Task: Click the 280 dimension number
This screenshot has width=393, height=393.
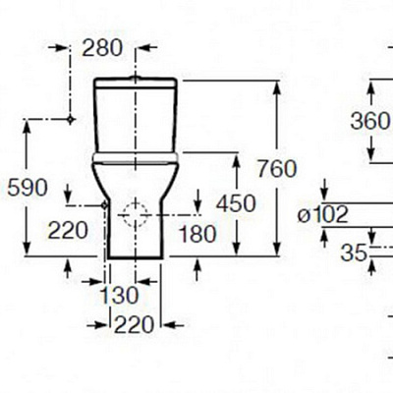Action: coord(102,48)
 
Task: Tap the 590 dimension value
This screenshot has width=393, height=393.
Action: coord(28,189)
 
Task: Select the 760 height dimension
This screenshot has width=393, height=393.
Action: coord(277,169)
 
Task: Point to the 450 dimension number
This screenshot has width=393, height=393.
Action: coord(236,203)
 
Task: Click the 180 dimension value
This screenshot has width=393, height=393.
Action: coord(197,234)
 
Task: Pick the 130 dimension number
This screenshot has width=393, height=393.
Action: coord(119,296)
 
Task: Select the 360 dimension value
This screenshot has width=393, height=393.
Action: coord(370,121)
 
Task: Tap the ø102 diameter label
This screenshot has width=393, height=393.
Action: coord(322,215)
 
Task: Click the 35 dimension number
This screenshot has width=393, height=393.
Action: coord(353,253)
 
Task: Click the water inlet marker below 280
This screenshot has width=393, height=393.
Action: coord(70,120)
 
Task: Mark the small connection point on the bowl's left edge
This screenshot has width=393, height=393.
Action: coord(104,205)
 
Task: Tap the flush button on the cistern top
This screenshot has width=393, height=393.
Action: coord(136,78)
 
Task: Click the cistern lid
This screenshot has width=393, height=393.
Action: coord(136,84)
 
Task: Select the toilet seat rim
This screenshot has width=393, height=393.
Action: coord(136,158)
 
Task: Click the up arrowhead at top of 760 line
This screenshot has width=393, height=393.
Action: coord(277,87)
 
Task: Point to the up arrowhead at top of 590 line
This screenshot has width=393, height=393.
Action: coord(27,127)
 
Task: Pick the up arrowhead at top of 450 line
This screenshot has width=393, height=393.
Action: coord(236,161)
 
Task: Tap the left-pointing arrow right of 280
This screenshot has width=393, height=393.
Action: coord(146,47)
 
